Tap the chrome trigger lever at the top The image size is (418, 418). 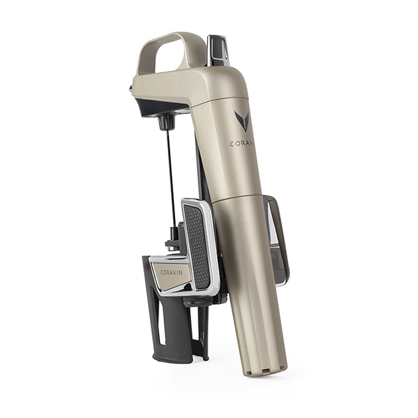pyautogui.click(x=218, y=49)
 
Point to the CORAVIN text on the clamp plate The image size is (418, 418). pyautogui.click(x=171, y=271)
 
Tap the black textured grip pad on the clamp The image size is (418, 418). pyautogui.click(x=197, y=245)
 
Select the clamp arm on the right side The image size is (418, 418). pyautogui.click(x=277, y=239)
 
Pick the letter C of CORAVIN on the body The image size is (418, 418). pyautogui.click(x=232, y=143)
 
